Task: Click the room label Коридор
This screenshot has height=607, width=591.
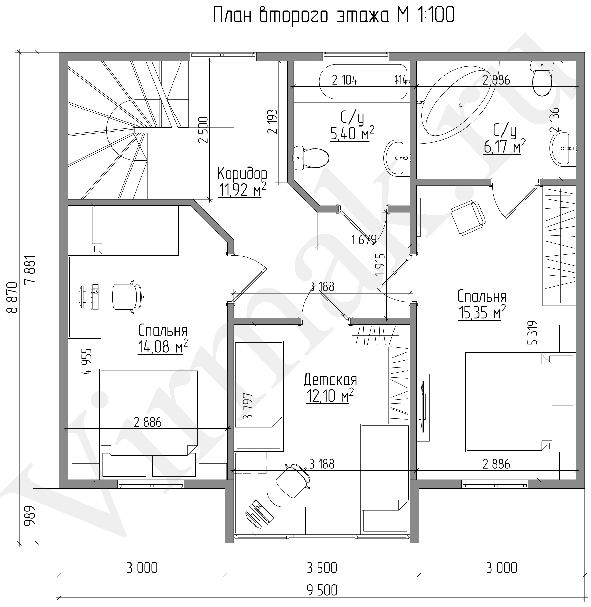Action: coord(242,174)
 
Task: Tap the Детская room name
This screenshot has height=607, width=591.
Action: coord(331,380)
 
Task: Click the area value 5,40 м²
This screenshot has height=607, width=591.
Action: coord(352,134)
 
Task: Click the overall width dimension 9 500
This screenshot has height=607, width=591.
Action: coord(322,590)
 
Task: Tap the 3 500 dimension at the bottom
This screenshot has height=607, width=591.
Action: coord(322,568)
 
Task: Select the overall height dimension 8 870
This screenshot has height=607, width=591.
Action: coord(13,298)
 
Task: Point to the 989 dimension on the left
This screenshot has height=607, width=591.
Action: coord(30,516)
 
